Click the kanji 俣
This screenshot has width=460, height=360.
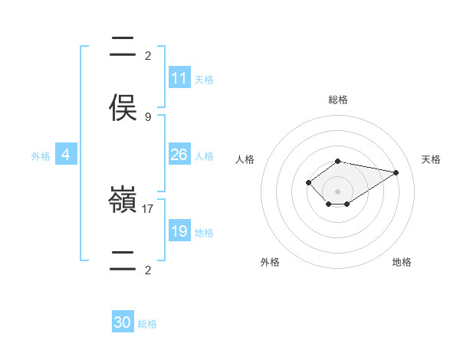[x=123, y=107]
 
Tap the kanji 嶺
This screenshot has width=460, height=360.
[x=123, y=201]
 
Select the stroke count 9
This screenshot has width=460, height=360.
[x=148, y=116]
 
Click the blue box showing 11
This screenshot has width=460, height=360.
[x=179, y=78]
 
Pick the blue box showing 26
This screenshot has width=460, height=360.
[x=179, y=155]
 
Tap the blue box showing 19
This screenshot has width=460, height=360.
[x=179, y=231]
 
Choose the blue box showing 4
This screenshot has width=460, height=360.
[x=66, y=155]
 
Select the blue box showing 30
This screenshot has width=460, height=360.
[x=123, y=322]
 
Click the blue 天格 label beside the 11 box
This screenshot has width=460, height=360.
[x=203, y=79]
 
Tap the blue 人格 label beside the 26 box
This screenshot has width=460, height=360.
[x=203, y=155]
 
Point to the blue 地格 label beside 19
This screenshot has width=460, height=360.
[x=203, y=232]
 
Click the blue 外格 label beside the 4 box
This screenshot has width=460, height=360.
[x=41, y=155]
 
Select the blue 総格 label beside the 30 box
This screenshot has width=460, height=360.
[x=147, y=323]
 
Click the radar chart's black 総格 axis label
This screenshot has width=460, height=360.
[x=338, y=100]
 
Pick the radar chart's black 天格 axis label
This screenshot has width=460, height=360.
[x=432, y=159]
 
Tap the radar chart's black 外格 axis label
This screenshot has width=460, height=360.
[x=270, y=262]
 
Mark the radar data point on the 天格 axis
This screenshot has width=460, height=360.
[x=396, y=172]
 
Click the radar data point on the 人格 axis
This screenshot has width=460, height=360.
[x=308, y=182]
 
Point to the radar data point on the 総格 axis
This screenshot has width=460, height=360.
[x=338, y=161]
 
